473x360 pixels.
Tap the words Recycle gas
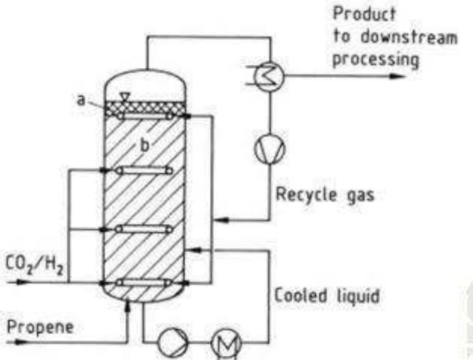[325, 195]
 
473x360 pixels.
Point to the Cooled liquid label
[326, 296]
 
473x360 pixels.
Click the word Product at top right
[364, 14]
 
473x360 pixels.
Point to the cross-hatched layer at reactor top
[145, 107]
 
